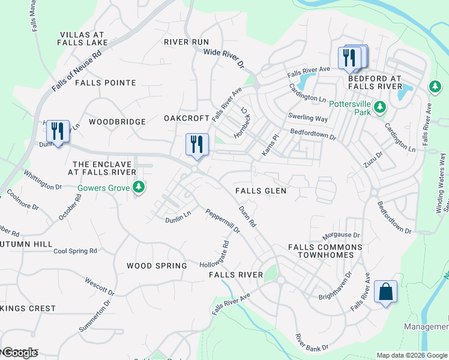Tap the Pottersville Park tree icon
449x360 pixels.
[379, 107]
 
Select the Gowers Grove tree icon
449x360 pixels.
[139, 188]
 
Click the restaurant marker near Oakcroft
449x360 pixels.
[197, 145]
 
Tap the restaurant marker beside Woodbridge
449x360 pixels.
[58, 131]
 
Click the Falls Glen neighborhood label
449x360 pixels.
[261, 191]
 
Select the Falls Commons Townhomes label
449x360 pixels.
[325, 251]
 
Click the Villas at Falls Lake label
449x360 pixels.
[82, 39]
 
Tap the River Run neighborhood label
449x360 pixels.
[186, 42]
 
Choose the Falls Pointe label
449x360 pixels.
[106, 83]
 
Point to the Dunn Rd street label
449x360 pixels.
[247, 217]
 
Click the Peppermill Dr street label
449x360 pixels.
[223, 221]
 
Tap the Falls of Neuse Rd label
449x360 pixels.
[76, 70]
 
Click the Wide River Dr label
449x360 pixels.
[225, 57]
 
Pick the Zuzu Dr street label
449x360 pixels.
[373, 158]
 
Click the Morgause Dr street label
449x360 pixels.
[340, 236]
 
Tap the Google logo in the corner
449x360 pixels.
[19, 353]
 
